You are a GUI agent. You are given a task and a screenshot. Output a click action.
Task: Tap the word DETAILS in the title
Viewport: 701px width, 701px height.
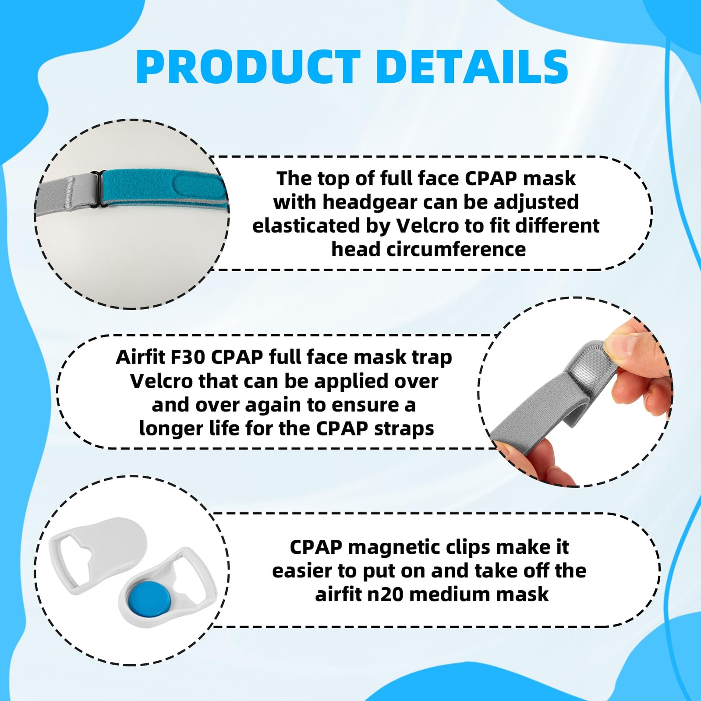coord(472,67)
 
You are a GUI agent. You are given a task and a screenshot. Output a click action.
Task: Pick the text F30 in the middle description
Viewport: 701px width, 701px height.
coord(188,358)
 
